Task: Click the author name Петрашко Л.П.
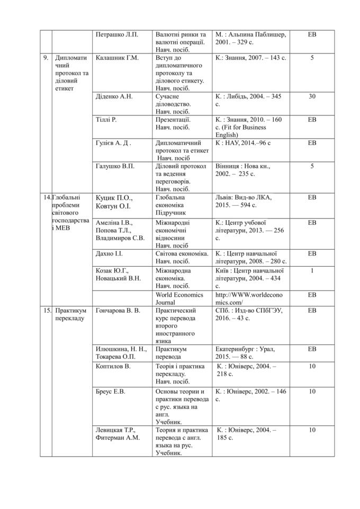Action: click(116, 34)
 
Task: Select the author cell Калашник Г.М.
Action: click(117, 58)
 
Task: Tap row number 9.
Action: click(46, 58)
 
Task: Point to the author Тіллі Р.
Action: click(106, 120)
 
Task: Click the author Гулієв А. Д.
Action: click(113, 143)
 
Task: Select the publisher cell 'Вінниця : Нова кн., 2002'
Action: click(243, 170)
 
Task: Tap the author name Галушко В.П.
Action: click(115, 166)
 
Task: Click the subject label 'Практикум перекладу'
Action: click(70, 314)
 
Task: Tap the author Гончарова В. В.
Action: click(118, 311)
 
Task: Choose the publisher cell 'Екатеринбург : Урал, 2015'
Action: click(245, 353)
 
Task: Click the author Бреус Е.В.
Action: click(110, 392)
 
